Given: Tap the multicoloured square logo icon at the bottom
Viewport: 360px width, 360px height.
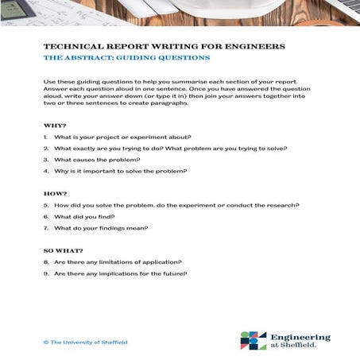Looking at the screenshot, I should [254, 340].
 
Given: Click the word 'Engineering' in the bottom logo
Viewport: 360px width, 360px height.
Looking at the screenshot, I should [300, 337].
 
